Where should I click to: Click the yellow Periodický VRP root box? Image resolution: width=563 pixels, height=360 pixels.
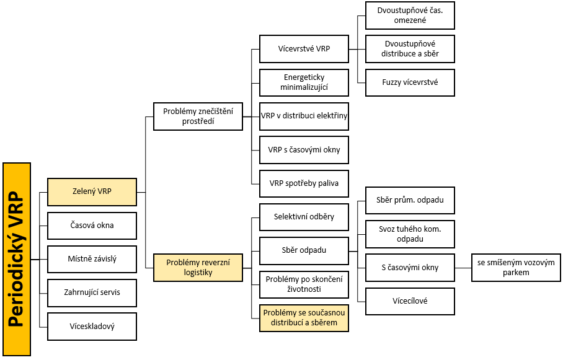tap(17, 259)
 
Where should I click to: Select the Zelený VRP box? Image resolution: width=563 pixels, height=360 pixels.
tap(92, 192)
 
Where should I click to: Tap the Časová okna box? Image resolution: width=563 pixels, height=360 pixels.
tap(92, 226)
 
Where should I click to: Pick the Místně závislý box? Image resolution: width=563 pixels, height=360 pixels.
tap(92, 259)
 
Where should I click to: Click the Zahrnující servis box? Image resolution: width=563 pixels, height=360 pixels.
tap(92, 293)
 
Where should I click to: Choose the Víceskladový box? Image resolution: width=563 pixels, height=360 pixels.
tap(92, 327)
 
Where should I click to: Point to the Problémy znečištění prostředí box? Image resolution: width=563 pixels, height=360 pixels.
tap(198, 116)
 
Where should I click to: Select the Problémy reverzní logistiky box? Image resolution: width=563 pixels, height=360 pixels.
tap(198, 268)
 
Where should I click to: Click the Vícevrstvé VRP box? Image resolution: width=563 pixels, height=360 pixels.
tap(304, 49)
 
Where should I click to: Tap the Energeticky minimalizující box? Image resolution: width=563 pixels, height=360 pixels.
tap(304, 82)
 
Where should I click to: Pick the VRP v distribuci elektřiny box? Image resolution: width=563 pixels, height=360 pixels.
tap(304, 116)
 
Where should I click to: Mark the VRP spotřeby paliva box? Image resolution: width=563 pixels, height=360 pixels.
tap(304, 184)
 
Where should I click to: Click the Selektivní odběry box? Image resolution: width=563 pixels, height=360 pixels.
tap(304, 217)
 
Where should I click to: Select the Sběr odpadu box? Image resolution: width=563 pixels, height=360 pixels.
tap(304, 250)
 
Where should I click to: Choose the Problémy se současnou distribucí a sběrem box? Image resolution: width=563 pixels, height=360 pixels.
tap(304, 318)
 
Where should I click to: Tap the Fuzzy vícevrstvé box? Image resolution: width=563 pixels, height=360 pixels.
tap(410, 82)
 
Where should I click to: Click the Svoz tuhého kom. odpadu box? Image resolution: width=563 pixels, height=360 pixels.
tap(410, 234)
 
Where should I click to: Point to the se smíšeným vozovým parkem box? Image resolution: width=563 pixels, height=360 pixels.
tap(516, 268)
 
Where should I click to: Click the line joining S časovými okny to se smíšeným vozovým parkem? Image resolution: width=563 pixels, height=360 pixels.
tap(463, 268)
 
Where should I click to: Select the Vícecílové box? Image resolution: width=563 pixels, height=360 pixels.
tap(410, 301)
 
